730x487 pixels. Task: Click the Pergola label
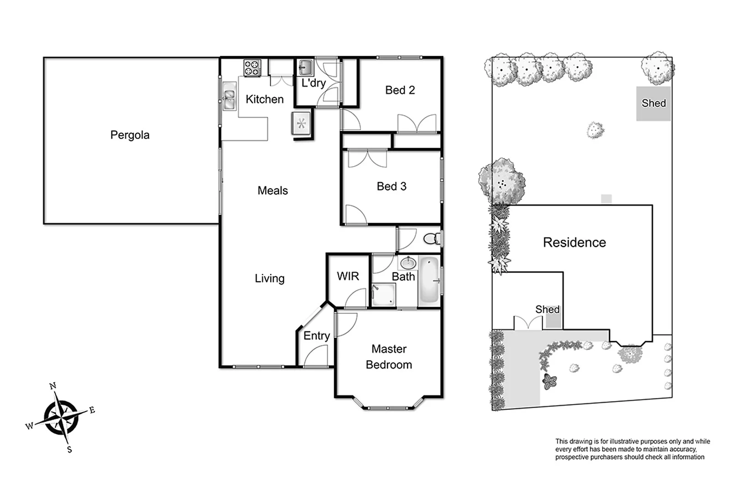click(x=130, y=135)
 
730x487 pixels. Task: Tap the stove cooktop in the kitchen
click(x=252, y=68)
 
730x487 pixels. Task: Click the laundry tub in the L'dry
click(x=305, y=68)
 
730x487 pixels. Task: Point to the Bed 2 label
click(x=400, y=90)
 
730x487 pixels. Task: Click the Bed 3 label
click(x=391, y=186)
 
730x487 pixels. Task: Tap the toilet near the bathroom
click(x=431, y=238)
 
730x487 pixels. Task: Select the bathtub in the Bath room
click(x=429, y=281)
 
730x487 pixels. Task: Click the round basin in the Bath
click(x=408, y=263)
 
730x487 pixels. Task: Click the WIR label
click(x=348, y=276)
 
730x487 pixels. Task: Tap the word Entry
click(x=316, y=336)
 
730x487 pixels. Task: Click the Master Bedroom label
click(x=389, y=357)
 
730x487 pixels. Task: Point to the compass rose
click(x=61, y=417)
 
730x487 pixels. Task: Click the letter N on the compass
click(x=53, y=386)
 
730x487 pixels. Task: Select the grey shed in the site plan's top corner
click(x=653, y=104)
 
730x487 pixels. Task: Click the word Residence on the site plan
click(x=574, y=242)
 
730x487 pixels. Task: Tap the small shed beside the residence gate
click(x=553, y=321)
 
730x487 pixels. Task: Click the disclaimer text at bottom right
click(x=632, y=449)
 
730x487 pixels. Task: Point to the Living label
click(x=269, y=278)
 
